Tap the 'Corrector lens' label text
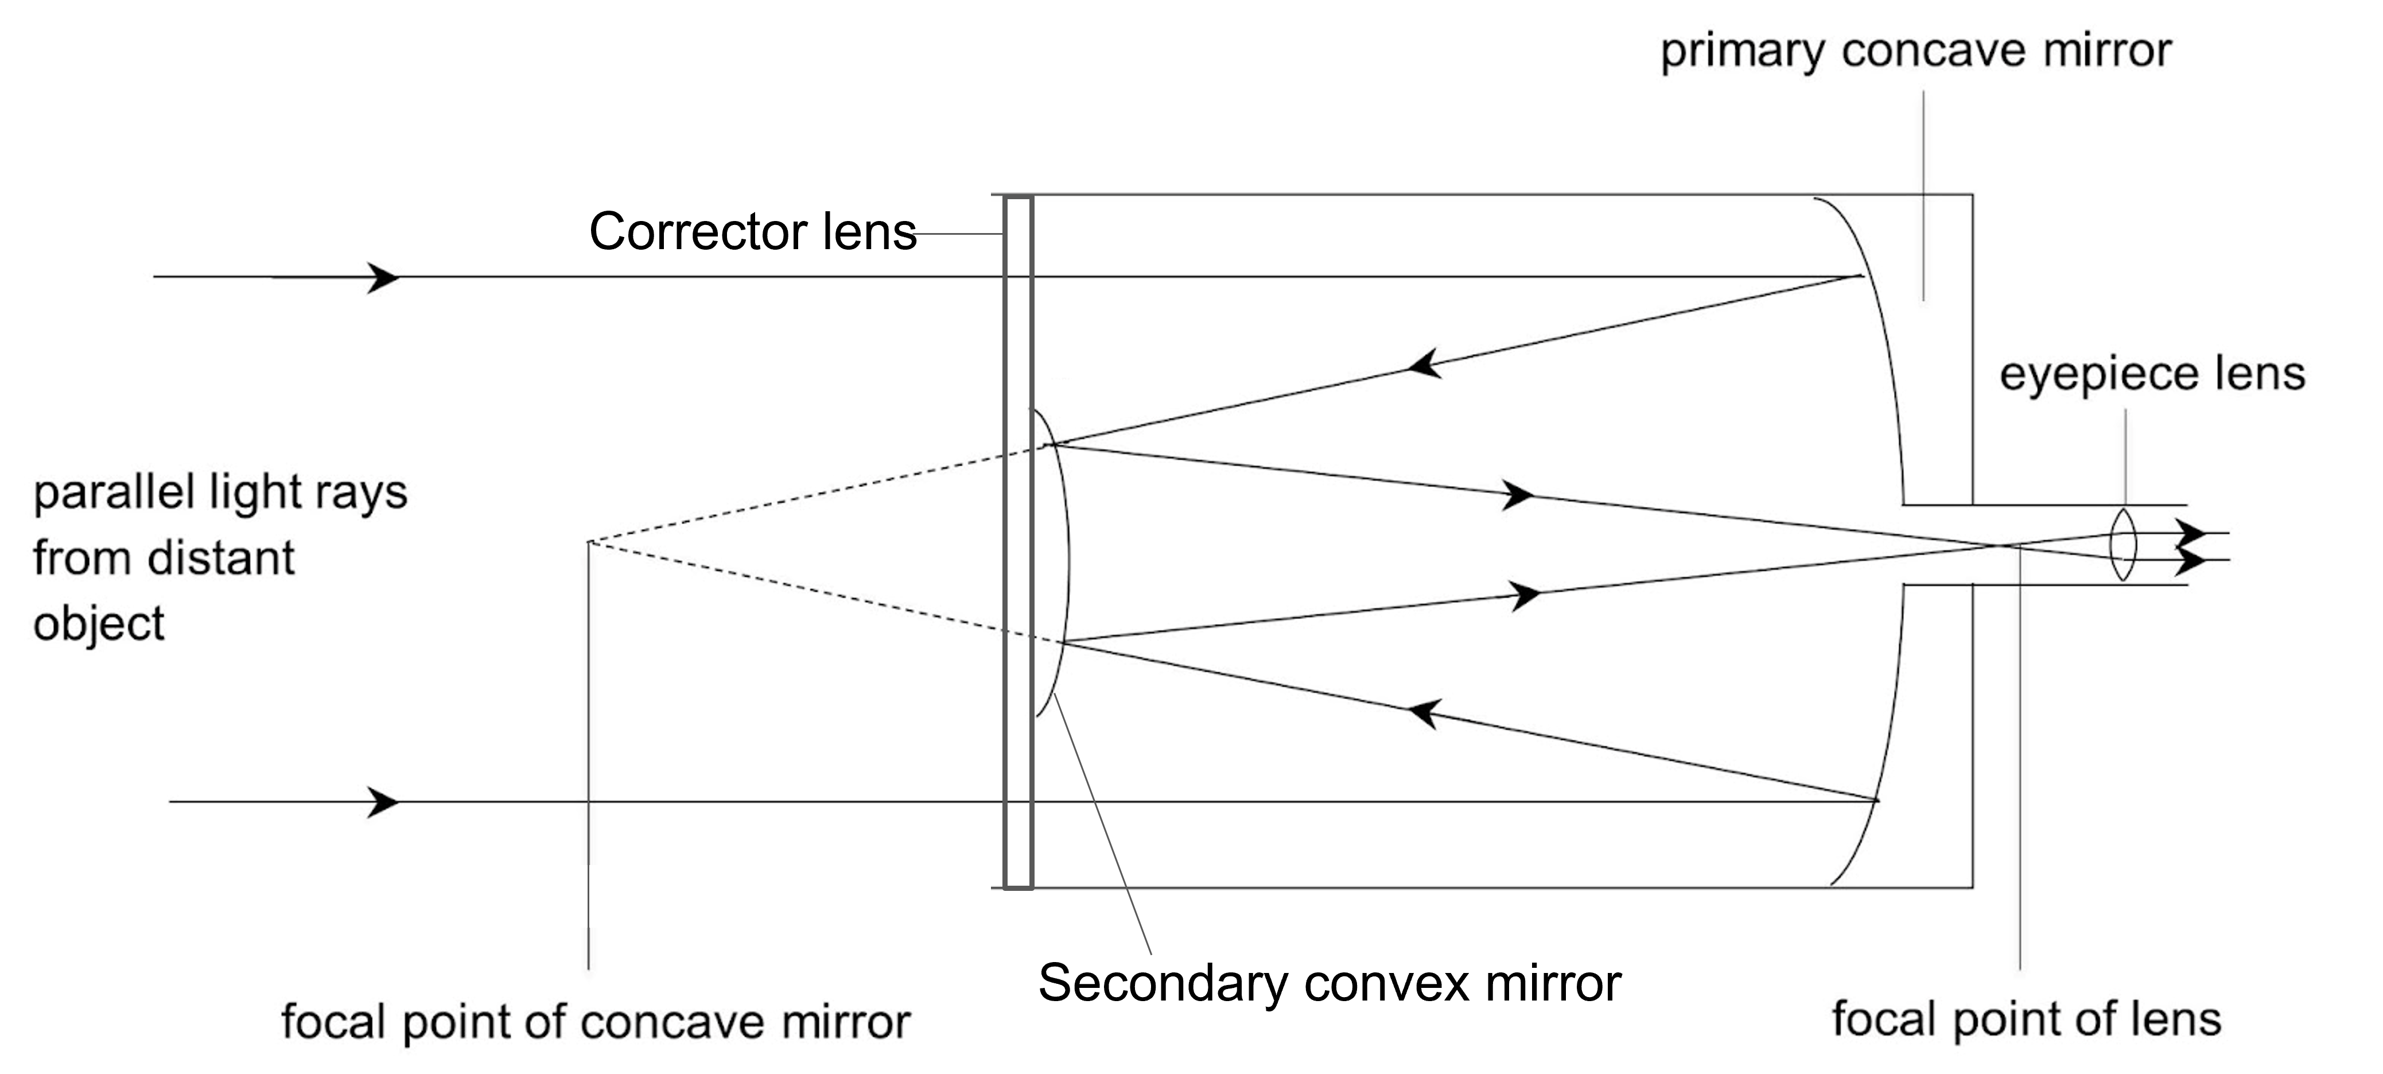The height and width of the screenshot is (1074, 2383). click(752, 231)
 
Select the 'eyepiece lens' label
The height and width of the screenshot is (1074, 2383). click(2152, 374)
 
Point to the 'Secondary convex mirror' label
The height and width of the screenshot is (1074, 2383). click(1329, 982)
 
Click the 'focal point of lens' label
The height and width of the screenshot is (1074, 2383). click(2026, 1019)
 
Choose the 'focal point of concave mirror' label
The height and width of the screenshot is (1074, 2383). click(596, 1022)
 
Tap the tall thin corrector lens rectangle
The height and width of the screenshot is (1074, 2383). click(1017, 542)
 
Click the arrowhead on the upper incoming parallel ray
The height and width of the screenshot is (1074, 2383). click(383, 277)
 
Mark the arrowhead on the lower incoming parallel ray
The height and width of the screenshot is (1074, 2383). click(383, 801)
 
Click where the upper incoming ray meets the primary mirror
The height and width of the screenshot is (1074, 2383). click(1861, 276)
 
